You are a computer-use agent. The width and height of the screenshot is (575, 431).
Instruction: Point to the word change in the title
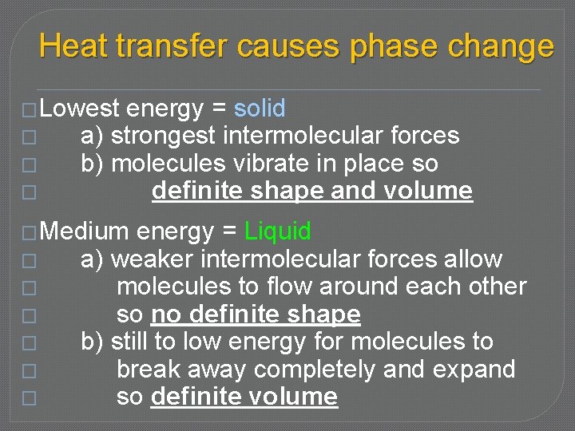(x=501, y=46)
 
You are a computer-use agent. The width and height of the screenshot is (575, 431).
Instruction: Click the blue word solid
(x=260, y=109)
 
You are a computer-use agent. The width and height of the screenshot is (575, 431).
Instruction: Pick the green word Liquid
(x=278, y=231)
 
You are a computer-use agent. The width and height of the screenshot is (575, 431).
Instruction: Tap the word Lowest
(x=79, y=109)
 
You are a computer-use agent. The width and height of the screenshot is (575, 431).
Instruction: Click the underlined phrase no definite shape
(x=256, y=314)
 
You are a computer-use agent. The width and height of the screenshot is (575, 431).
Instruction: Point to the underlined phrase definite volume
(x=244, y=397)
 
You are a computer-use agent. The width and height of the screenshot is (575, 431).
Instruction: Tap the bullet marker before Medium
(x=30, y=232)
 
